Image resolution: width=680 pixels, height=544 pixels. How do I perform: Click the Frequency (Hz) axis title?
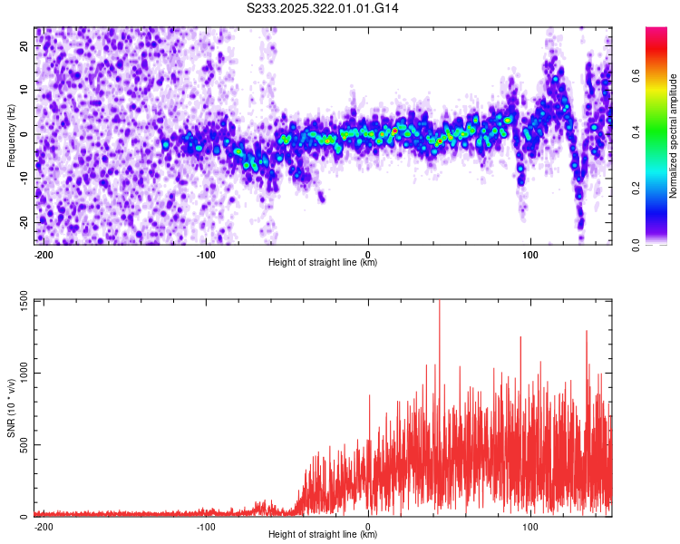(x=11, y=136)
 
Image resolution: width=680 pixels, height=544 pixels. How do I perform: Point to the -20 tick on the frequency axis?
(x=24, y=222)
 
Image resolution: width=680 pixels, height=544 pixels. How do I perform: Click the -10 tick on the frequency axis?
(x=24, y=178)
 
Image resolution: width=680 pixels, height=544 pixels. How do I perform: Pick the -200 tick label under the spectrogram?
(x=44, y=254)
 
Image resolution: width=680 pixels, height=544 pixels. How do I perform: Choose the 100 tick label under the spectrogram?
(x=530, y=254)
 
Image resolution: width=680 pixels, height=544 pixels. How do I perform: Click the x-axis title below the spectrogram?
(x=323, y=263)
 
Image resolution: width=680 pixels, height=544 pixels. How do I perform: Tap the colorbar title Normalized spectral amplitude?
(x=674, y=136)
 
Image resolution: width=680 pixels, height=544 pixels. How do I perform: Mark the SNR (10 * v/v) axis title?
(x=11, y=408)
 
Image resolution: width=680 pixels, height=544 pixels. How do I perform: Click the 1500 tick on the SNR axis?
(x=20, y=302)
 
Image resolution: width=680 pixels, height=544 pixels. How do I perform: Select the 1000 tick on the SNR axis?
(x=20, y=374)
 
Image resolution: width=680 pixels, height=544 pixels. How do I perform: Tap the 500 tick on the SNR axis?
(x=23, y=445)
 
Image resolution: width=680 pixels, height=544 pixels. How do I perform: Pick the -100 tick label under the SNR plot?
(x=206, y=526)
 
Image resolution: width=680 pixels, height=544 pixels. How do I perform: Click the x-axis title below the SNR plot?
(x=323, y=535)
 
